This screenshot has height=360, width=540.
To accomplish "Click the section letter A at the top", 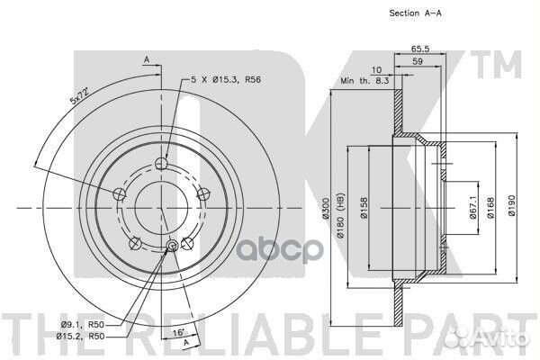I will click(x=145, y=59).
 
